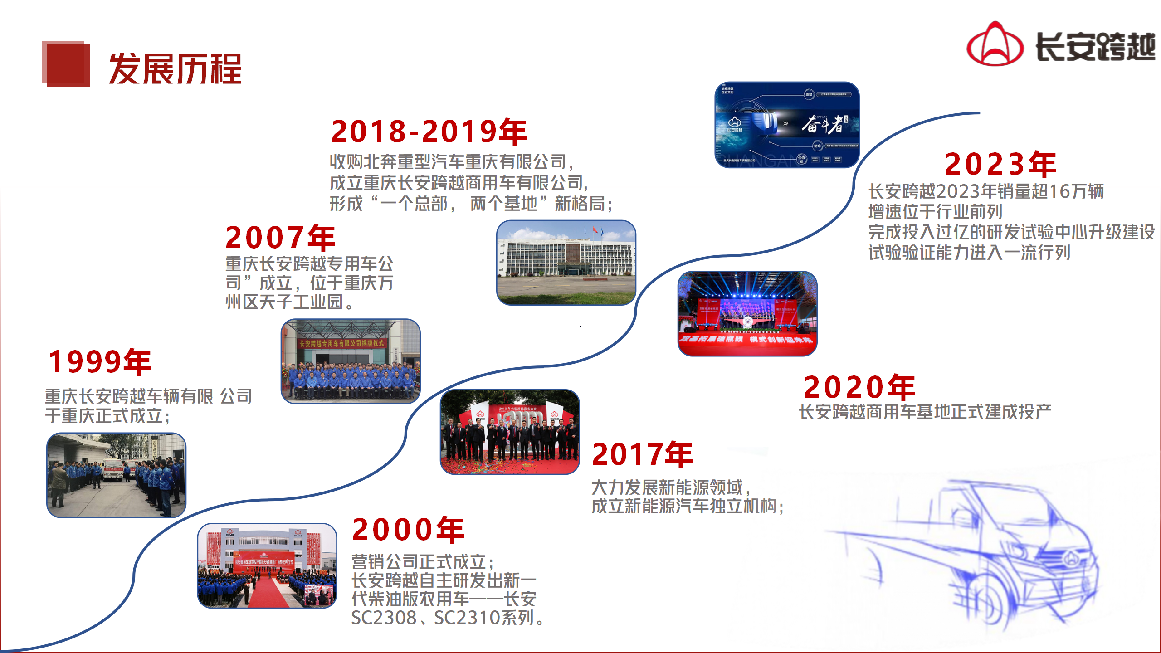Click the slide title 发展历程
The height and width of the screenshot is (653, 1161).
pyautogui.click(x=175, y=69)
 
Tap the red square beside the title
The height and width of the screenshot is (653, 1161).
pyautogui.click(x=66, y=64)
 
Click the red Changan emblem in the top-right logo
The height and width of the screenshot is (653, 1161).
pyautogui.click(x=995, y=44)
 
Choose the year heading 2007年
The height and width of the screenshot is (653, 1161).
pyautogui.click(x=280, y=238)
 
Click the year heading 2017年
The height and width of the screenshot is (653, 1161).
pyautogui.click(x=642, y=454)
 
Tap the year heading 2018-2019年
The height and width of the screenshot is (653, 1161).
pyautogui.click(x=429, y=132)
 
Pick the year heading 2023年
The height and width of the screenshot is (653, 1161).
pyautogui.click(x=1000, y=164)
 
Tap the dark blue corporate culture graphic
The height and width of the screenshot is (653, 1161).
pyautogui.click(x=787, y=125)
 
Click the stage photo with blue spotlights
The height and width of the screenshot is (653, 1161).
pyautogui.click(x=747, y=313)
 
